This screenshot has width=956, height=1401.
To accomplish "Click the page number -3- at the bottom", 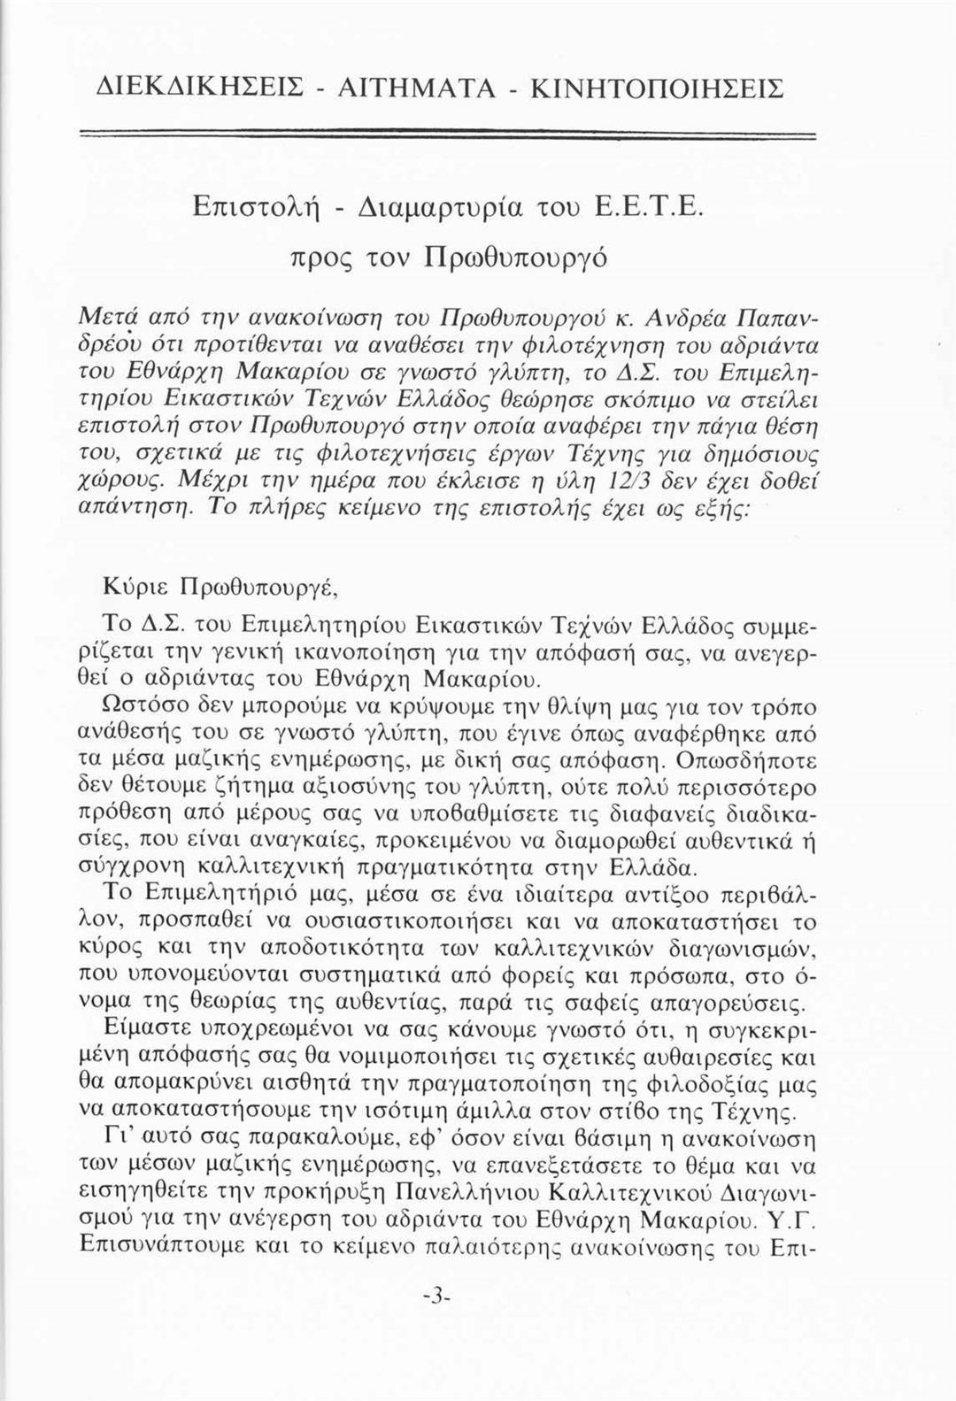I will point(437,1294).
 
